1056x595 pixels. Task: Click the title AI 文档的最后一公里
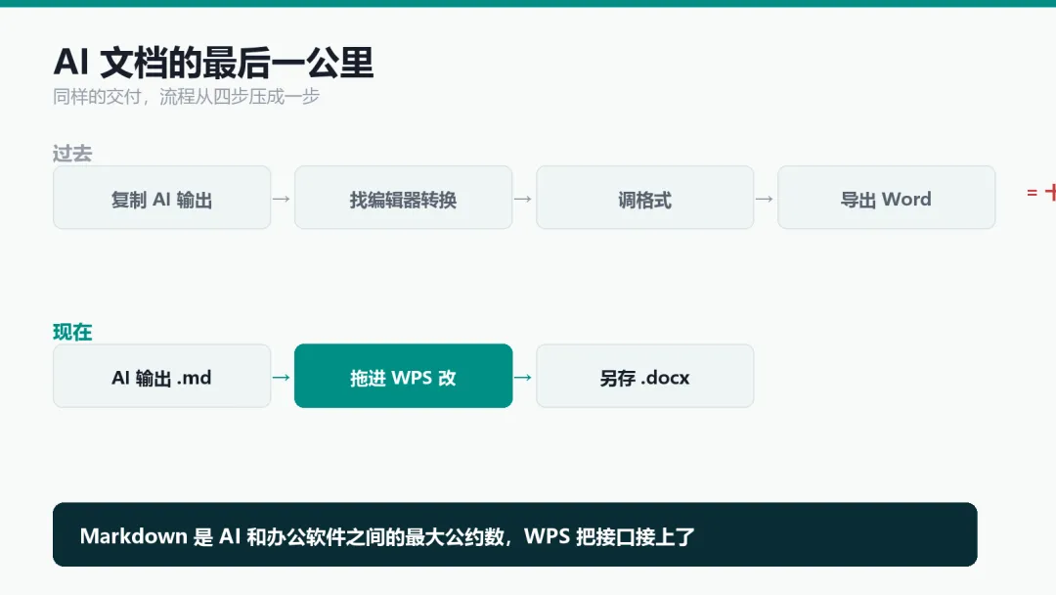213,63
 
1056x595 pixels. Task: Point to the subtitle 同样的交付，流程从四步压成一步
186,97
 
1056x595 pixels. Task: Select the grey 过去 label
72,154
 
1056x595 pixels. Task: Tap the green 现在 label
72,332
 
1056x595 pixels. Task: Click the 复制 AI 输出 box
161,198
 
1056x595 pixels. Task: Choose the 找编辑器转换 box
404,198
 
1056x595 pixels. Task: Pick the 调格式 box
644,198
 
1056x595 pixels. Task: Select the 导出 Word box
886,198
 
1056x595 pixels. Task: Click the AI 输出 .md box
161,376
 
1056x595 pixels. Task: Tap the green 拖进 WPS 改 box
404,376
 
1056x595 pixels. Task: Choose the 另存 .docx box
644,376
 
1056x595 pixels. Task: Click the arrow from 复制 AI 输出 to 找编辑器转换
282,199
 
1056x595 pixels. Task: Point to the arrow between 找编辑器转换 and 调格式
523,199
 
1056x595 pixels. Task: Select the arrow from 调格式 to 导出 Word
765,199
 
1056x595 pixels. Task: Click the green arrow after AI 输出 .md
282,378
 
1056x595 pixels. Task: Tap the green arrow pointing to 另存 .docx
523,378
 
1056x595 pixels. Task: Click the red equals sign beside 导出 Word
1032,193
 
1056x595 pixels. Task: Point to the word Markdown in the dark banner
133,536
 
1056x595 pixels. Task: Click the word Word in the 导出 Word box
906,200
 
